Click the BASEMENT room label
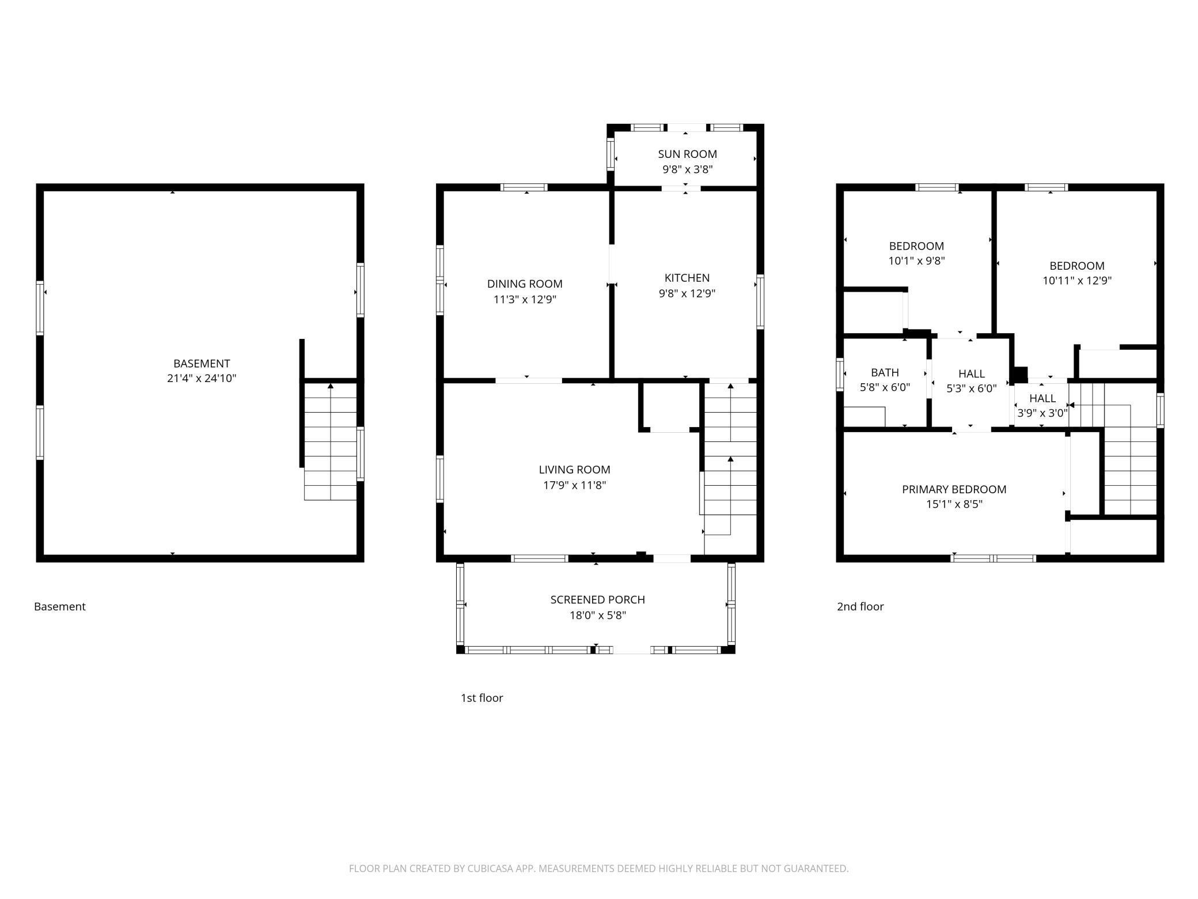coord(202,364)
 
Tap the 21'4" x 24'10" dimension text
coord(202,379)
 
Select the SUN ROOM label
coord(687,154)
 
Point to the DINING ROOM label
coord(525,284)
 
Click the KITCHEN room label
coord(687,278)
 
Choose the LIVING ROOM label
coord(574,470)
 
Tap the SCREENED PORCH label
coord(597,600)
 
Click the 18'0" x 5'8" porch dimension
coord(597,615)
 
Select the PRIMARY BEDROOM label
coord(954,489)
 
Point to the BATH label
coord(885,372)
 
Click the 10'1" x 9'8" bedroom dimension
coord(916,261)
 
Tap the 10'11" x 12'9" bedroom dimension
coord(1076,281)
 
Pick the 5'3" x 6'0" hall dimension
coord(971,388)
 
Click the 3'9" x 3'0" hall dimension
coord(1042,413)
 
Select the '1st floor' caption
coord(482,698)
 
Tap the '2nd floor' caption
coord(860,606)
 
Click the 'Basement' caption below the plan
coord(60,606)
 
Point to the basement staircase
coord(330,441)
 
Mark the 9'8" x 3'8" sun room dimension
coord(687,169)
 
